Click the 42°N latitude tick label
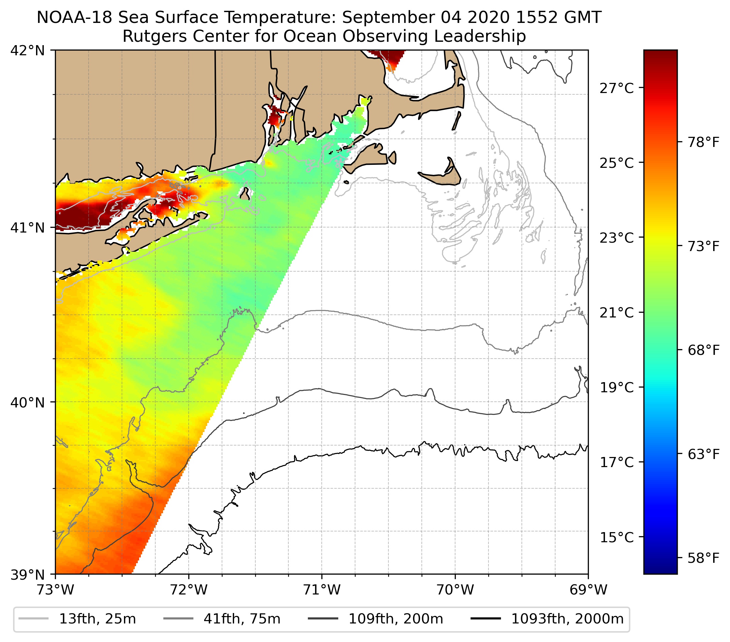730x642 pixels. (x=28, y=51)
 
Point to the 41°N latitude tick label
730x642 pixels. (x=28, y=227)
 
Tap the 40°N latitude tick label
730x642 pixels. (x=28, y=402)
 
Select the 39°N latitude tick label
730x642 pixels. (x=28, y=575)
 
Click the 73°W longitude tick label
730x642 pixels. (x=55, y=590)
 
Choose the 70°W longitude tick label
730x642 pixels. (x=455, y=590)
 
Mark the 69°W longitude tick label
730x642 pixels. (x=588, y=590)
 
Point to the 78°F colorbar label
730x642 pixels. (x=703, y=143)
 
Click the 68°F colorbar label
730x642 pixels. (x=703, y=350)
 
